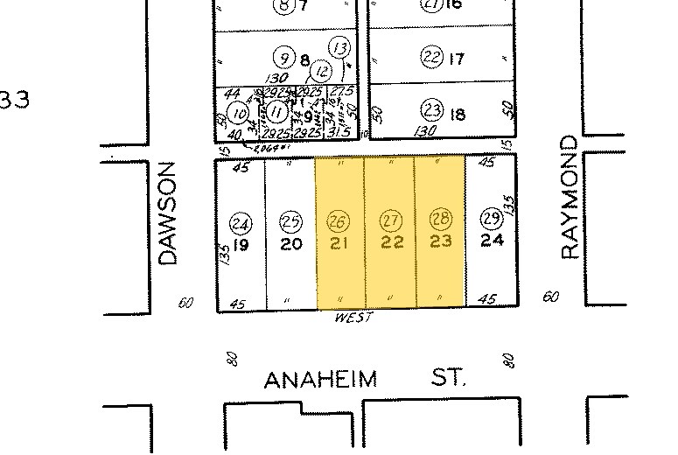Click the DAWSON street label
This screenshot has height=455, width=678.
click(168, 212)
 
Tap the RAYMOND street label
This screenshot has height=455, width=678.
click(570, 197)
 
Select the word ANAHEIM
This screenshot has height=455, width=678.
click(320, 380)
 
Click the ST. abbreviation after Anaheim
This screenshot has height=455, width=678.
click(450, 378)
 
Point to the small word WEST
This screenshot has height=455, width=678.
click(353, 318)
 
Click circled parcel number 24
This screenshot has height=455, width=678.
click(241, 223)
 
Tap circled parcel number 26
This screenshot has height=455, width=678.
click(339, 219)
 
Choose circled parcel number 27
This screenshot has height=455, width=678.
click(390, 219)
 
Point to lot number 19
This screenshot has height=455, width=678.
click(241, 245)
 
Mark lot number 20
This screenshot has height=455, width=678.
click(291, 245)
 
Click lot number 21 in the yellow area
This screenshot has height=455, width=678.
click(339, 242)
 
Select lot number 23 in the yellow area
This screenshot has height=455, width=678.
click(441, 241)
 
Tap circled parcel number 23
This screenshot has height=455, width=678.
click(432, 110)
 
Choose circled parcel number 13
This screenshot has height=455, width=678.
click(340, 47)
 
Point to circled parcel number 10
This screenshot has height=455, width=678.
click(238, 112)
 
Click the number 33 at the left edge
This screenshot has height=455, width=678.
click(14, 99)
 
